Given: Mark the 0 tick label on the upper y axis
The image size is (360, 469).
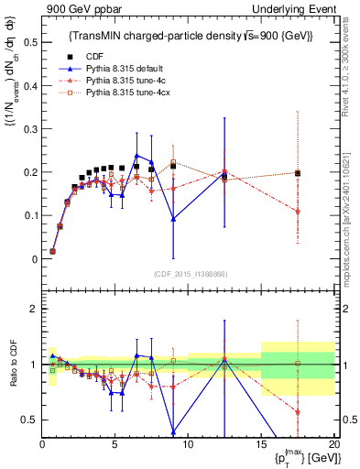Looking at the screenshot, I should click(33, 259).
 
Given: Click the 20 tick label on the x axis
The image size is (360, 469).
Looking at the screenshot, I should click(334, 444).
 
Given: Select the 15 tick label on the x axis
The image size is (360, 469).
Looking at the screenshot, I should click(261, 444).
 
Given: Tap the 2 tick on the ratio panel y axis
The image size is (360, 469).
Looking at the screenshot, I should click(33, 309).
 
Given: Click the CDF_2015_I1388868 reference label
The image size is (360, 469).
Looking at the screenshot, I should click(189, 272).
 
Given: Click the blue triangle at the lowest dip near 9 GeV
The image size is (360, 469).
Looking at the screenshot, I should click(173, 219).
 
